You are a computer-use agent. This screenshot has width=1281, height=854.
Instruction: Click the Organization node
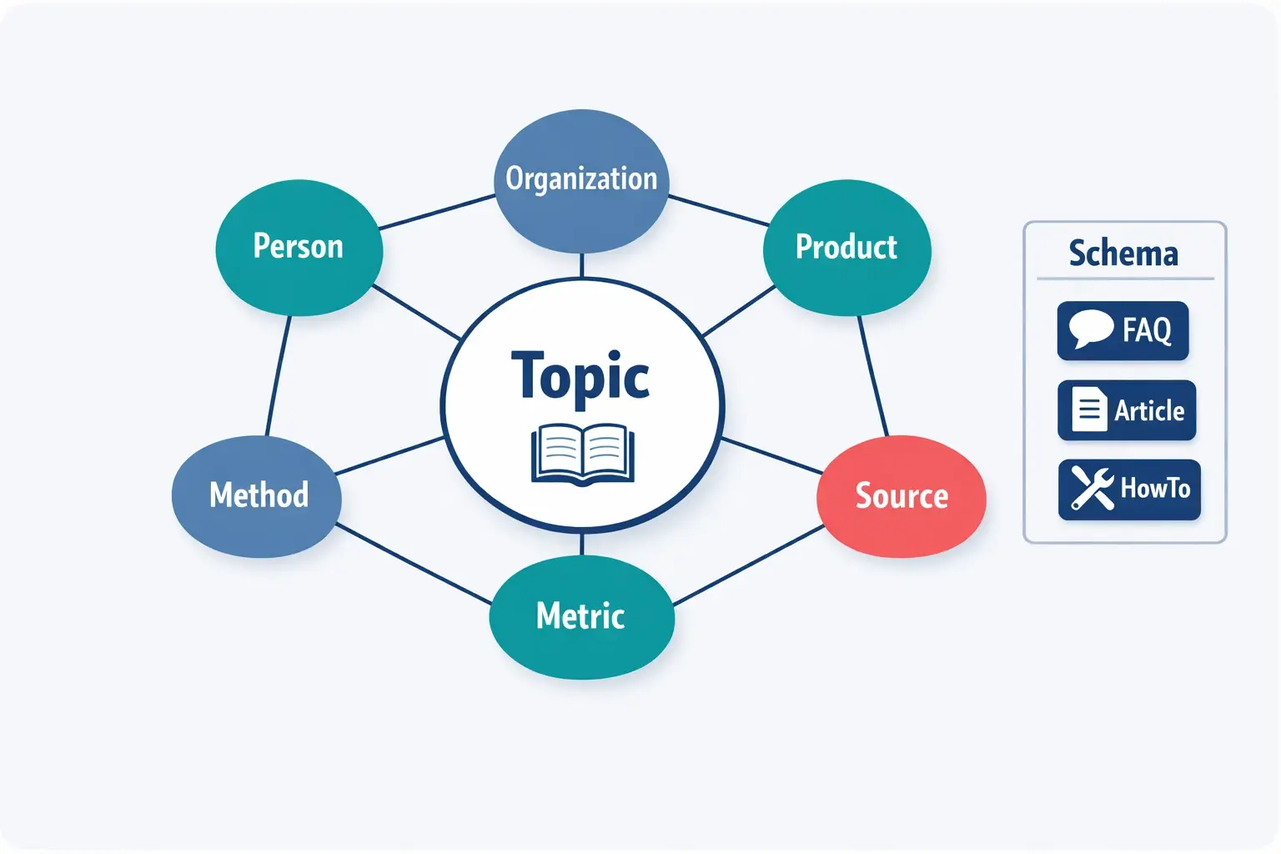(581, 179)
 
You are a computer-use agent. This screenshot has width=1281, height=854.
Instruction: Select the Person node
(299, 247)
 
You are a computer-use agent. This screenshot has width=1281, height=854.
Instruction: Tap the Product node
(846, 247)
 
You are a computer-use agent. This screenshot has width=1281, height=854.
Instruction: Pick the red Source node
(902, 496)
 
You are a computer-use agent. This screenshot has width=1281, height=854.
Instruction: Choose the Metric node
(580, 616)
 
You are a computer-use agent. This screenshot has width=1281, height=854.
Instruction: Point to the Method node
(258, 495)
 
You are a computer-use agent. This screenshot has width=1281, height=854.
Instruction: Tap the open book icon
(583, 454)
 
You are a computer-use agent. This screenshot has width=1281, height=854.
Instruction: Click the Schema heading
(1123, 253)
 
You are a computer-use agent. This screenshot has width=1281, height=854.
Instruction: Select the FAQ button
(1123, 330)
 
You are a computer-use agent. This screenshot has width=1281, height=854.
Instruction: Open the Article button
(1127, 410)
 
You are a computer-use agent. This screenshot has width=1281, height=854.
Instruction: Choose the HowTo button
(1129, 489)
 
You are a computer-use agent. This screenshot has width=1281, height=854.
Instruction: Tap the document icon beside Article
(1088, 409)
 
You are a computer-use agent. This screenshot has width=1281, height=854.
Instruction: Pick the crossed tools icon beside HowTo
(1092, 488)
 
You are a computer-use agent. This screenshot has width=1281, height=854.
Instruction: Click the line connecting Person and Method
(278, 375)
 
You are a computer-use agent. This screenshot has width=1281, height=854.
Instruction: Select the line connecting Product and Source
(873, 375)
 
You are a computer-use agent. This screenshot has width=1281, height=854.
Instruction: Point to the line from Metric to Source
(748, 565)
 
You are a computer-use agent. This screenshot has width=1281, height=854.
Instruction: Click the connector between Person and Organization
(436, 212)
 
